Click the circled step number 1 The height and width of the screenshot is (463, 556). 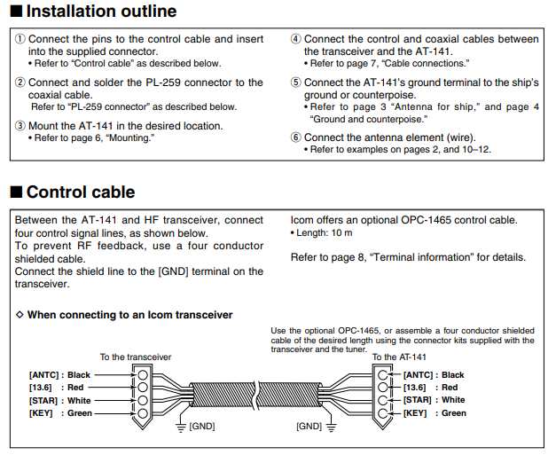20,39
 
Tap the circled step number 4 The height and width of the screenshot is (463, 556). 295,39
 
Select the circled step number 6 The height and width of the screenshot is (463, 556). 295,137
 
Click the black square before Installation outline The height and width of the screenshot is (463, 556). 16,11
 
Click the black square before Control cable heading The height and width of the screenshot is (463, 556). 16,192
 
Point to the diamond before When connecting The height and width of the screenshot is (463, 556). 20,314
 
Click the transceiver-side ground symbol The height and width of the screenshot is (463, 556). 181,428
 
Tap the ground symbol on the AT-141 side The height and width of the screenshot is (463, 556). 331,428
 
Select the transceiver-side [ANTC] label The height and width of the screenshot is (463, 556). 44,375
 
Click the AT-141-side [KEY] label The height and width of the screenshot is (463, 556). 415,413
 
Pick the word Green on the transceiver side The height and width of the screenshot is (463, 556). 80,413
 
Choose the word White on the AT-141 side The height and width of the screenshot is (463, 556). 453,400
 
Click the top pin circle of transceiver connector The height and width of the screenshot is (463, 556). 143,375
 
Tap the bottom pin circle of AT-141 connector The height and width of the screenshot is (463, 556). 382,413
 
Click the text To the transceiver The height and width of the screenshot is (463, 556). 136,357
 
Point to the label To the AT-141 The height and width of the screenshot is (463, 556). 399,357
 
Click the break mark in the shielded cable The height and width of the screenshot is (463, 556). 256,395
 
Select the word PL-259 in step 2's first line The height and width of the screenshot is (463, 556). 163,82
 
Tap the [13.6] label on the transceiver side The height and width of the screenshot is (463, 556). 41,388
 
